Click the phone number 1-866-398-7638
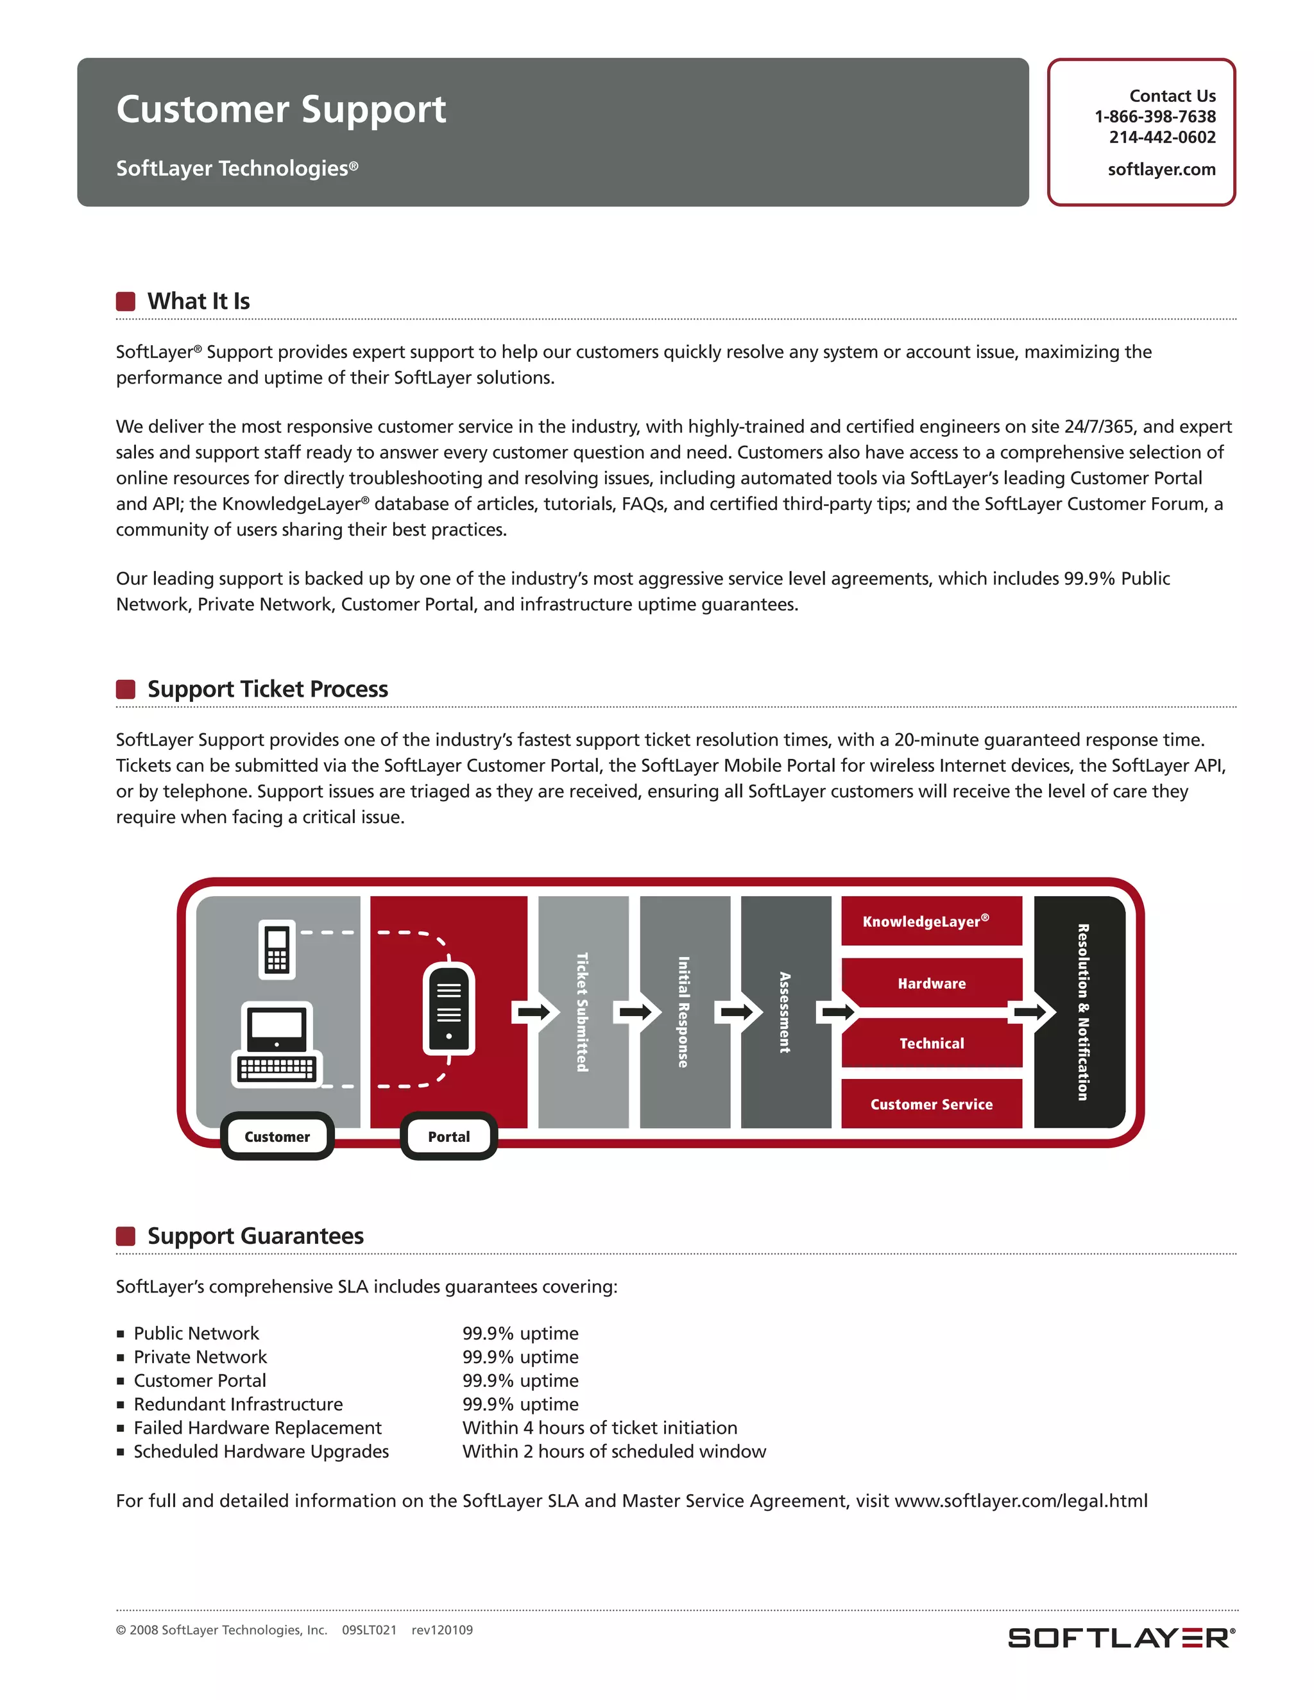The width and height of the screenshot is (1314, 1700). click(1154, 117)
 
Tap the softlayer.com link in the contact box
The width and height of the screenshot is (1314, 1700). click(1161, 170)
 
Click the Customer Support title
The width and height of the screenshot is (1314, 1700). click(281, 110)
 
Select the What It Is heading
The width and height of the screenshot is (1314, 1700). click(198, 302)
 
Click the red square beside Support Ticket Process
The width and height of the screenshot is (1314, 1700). click(125, 689)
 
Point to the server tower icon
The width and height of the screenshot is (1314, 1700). click(448, 1009)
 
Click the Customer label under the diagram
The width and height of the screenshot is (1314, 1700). click(277, 1137)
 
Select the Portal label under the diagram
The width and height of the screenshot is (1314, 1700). click(448, 1137)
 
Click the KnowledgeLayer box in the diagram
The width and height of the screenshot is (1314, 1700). click(931, 922)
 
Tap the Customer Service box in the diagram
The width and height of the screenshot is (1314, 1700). click(931, 1104)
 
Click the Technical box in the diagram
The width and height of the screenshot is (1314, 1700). click(931, 1043)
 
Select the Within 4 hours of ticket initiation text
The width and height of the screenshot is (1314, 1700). click(599, 1427)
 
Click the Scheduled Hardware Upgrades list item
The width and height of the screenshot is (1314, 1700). click(260, 1451)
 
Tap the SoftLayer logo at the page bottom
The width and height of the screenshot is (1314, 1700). click(1121, 1638)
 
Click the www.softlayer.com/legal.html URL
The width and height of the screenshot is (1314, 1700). click(1021, 1500)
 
